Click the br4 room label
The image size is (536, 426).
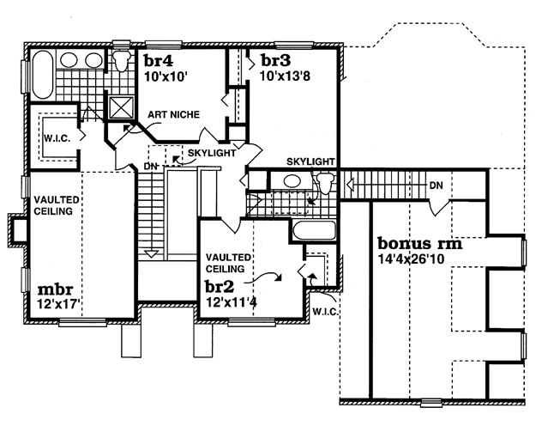pyautogui.click(x=159, y=61)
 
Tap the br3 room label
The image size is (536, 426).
pyautogui.click(x=275, y=60)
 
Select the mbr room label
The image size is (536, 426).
pyautogui.click(x=55, y=289)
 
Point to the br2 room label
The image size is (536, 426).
pyautogui.click(x=220, y=286)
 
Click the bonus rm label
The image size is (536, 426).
pyautogui.click(x=419, y=243)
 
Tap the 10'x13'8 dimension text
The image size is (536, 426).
pyautogui.click(x=285, y=76)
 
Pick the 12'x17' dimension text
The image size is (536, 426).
pyautogui.click(x=58, y=303)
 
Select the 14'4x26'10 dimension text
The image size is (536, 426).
pyautogui.click(x=411, y=259)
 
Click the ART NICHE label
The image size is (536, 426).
pyautogui.click(x=173, y=114)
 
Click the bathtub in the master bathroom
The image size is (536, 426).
pyautogui.click(x=43, y=75)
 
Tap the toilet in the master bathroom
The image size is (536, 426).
pyautogui.click(x=122, y=60)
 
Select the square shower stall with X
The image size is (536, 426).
pyautogui.click(x=121, y=108)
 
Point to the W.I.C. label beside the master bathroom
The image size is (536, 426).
pyautogui.click(x=57, y=138)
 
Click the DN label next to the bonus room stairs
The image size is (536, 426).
pyautogui.click(x=437, y=186)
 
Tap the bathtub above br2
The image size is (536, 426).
pyautogui.click(x=315, y=230)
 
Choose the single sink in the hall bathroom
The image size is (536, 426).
pyautogui.click(x=292, y=181)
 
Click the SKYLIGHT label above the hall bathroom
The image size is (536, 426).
pyautogui.click(x=310, y=161)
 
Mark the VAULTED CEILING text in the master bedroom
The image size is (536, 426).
pyautogui.click(x=57, y=205)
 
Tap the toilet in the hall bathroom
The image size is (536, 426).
pyautogui.click(x=325, y=182)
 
